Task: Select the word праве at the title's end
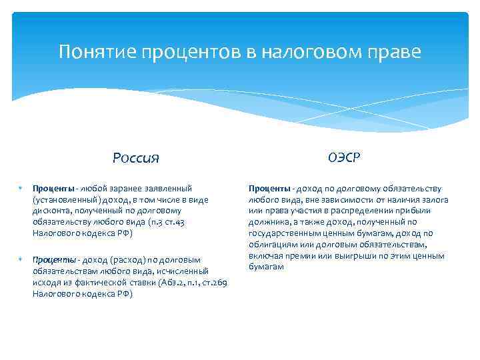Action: (x=397, y=52)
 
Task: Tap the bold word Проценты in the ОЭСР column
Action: (x=269, y=189)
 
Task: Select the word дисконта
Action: (x=50, y=211)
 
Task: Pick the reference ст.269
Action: (x=215, y=283)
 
